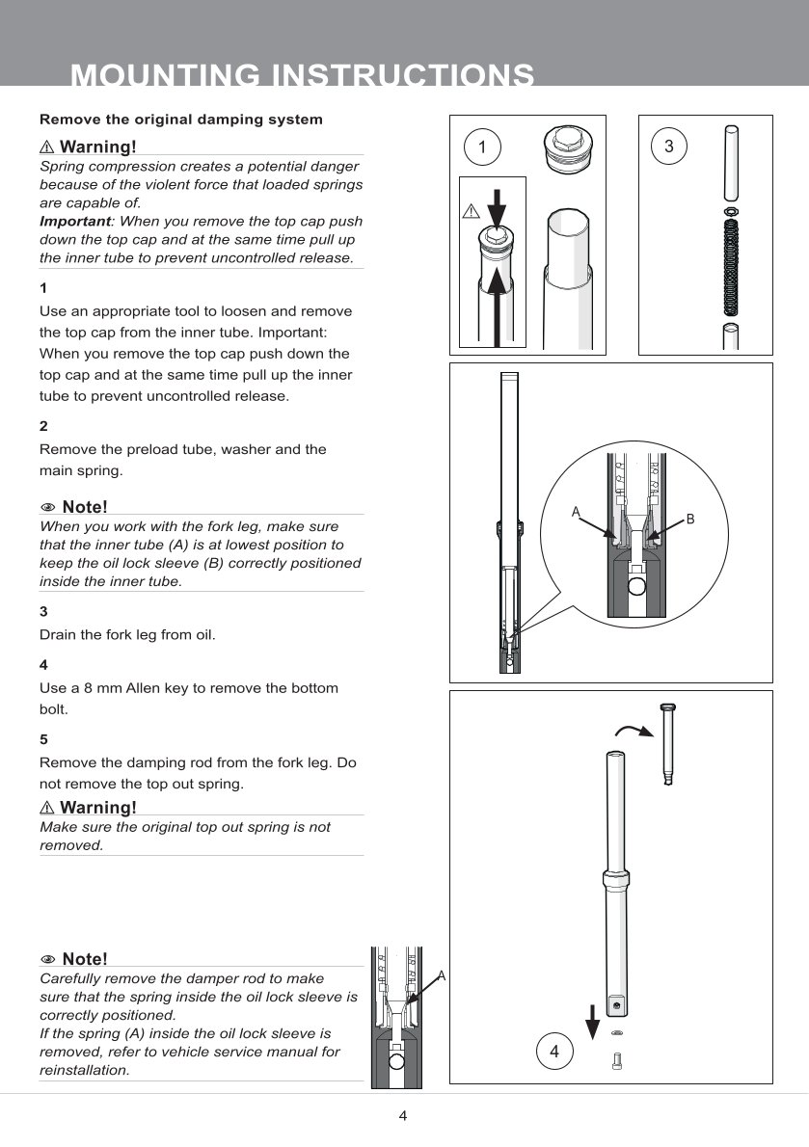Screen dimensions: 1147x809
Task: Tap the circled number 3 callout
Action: click(x=669, y=147)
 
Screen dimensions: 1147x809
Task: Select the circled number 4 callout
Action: click(x=554, y=1052)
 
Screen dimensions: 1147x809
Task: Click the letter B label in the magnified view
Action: click(x=690, y=520)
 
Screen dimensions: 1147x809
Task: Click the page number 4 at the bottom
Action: click(x=403, y=1116)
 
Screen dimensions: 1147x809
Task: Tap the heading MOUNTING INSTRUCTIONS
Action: click(x=303, y=75)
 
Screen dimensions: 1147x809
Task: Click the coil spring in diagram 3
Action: click(x=731, y=266)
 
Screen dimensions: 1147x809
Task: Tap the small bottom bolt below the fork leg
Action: click(x=618, y=1061)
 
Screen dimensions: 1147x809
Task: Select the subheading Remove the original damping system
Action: click(x=180, y=120)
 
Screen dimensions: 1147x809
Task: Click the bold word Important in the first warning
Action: click(x=73, y=221)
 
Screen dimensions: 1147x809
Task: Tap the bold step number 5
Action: click(x=43, y=739)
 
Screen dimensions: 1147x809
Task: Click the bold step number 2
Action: click(x=43, y=426)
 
